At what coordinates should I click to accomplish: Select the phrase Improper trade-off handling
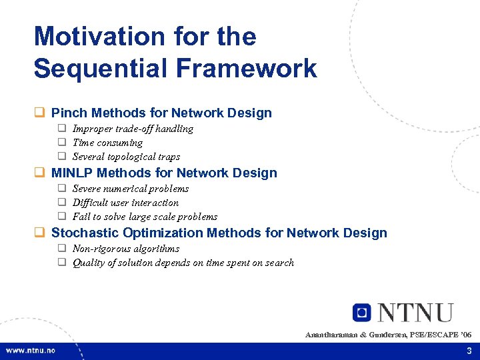[133, 129]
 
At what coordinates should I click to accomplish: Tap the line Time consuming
[107, 143]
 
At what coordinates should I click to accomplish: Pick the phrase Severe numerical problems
[130, 189]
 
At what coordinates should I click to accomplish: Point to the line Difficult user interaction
[125, 203]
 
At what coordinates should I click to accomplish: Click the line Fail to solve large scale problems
[145, 217]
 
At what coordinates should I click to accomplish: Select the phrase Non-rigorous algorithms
[126, 249]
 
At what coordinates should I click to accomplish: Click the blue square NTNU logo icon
[362, 313]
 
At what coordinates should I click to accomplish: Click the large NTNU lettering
[415, 313]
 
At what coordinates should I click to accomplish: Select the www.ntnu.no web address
[31, 351]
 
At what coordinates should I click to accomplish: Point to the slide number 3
[469, 351]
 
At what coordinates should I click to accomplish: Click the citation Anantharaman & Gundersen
[355, 334]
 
